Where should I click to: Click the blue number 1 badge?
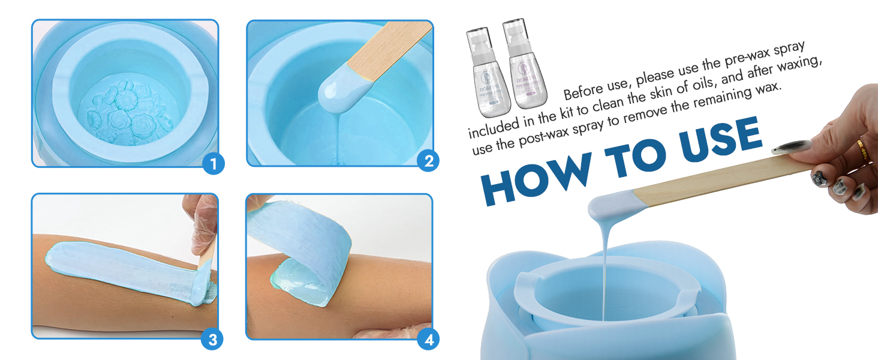[214, 163]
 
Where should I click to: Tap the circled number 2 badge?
[428, 160]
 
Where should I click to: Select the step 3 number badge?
[212, 340]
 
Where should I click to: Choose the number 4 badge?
[428, 340]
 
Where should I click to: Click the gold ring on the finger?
[862, 148]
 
